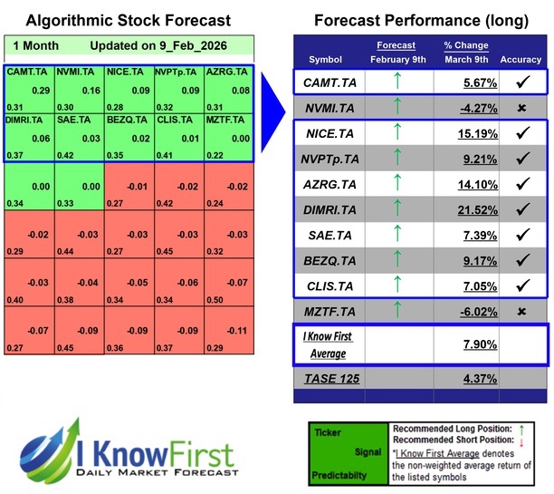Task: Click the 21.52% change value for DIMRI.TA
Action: (x=455, y=208)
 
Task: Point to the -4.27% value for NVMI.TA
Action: (x=455, y=109)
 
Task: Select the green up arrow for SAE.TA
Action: (x=396, y=234)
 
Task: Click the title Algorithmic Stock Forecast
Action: (x=129, y=20)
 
